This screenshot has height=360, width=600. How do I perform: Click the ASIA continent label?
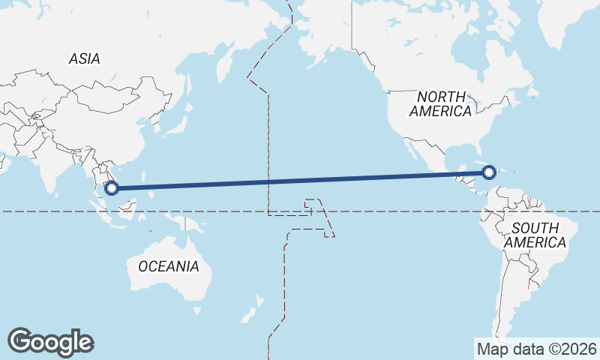click(84, 58)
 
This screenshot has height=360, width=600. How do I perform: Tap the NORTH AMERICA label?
click(441, 103)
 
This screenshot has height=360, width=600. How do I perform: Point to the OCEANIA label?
click(169, 266)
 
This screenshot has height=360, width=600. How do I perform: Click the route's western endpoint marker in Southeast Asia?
click(112, 187)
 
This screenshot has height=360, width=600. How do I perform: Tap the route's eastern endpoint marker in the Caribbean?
click(489, 172)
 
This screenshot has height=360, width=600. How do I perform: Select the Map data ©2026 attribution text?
click(536, 349)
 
